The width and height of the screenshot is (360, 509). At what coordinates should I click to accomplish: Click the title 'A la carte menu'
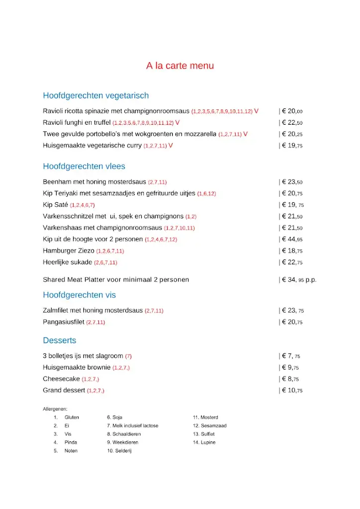click(180, 66)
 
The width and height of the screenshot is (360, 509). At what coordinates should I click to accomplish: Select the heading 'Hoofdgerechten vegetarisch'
click(95, 95)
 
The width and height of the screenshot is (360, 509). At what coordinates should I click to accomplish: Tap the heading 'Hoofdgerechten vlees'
click(84, 166)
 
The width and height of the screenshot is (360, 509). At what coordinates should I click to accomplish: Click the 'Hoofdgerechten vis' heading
click(79, 295)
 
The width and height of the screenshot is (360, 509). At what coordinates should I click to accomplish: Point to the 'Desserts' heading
click(60, 340)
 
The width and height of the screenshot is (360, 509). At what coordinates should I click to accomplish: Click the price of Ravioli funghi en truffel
click(292, 123)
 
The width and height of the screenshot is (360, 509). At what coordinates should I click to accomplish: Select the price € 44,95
click(292, 239)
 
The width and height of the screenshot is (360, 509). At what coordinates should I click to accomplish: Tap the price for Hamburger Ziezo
click(292, 251)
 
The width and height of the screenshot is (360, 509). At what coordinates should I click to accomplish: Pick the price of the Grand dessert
click(292, 390)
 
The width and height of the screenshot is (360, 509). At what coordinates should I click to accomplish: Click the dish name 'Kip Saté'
click(55, 205)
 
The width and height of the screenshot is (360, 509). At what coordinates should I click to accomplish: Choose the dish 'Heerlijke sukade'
click(67, 262)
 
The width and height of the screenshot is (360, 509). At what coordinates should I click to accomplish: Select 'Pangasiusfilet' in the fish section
click(64, 322)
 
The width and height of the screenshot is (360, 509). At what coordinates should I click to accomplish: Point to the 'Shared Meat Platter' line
click(115, 280)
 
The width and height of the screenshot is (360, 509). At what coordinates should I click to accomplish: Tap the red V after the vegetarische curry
click(171, 146)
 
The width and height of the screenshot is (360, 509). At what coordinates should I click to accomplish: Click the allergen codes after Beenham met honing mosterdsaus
click(157, 182)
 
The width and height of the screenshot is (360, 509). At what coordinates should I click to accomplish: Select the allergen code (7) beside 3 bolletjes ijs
click(128, 356)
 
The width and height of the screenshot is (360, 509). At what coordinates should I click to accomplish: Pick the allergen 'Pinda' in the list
click(71, 442)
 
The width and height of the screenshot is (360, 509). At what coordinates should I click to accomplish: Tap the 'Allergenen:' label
click(55, 409)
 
